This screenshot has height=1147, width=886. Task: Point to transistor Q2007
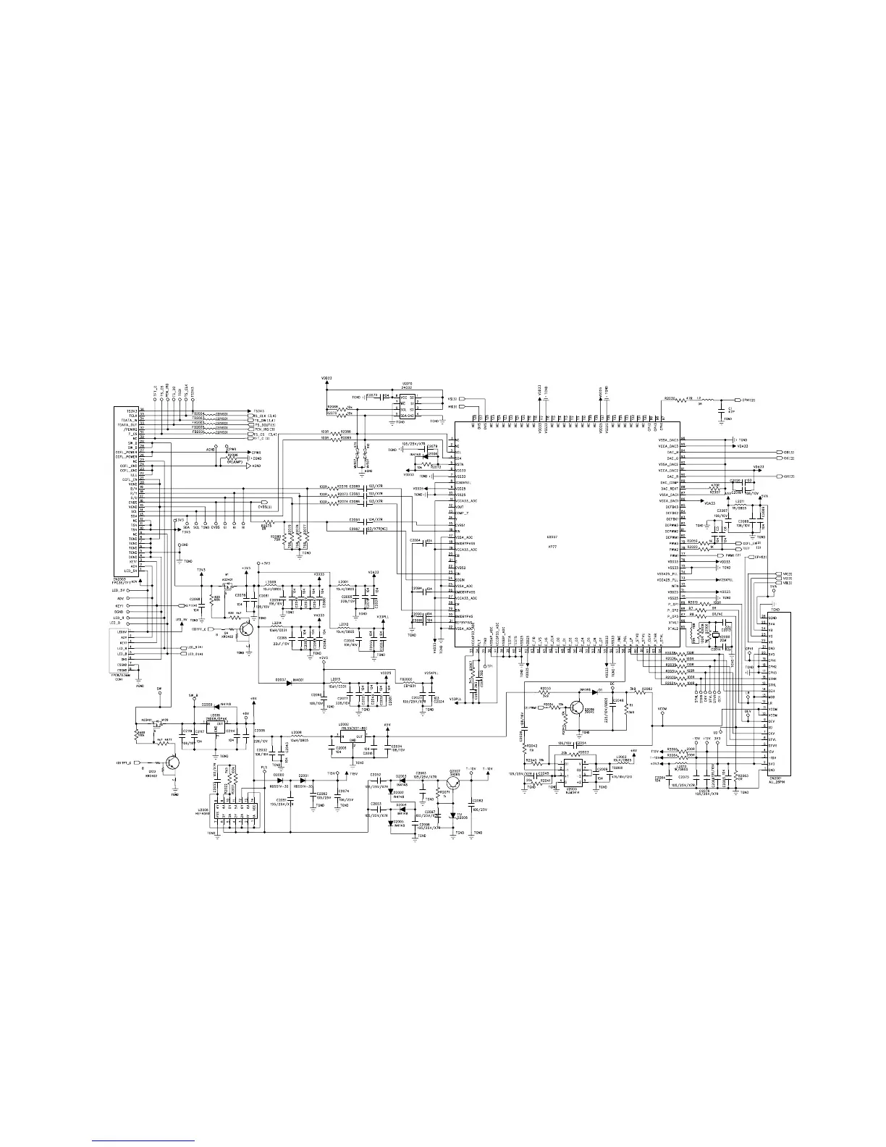pos(455,781)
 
